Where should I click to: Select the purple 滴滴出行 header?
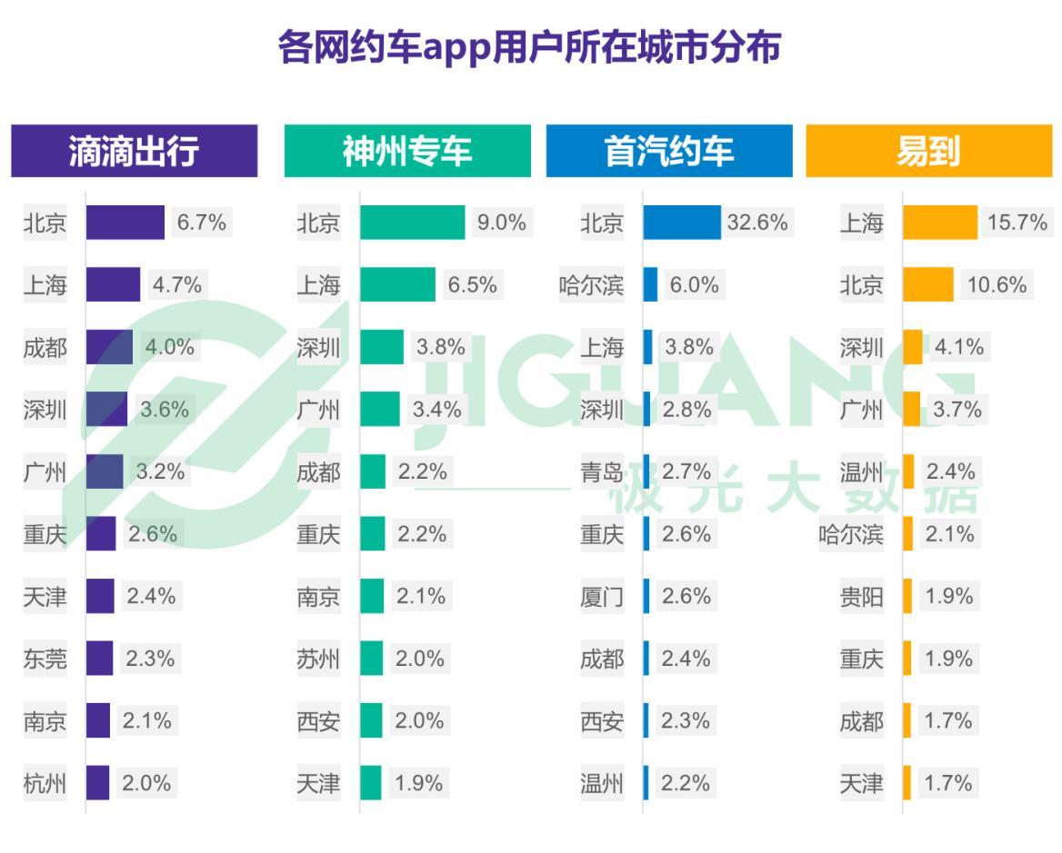134,152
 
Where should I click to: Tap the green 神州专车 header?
407,152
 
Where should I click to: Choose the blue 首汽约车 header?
668,152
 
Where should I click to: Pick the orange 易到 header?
927,152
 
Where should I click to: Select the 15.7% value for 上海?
1017,223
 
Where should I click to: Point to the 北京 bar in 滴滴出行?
125,223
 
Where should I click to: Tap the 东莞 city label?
45,659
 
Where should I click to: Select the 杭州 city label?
45,783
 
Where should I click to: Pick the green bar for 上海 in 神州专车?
397,285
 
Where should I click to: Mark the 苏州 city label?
318,659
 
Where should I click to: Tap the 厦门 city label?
602,597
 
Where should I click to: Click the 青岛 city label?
602,472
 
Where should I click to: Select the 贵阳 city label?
861,597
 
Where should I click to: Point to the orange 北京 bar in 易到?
927,285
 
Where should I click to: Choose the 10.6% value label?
997,285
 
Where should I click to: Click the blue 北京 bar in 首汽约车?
681,223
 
